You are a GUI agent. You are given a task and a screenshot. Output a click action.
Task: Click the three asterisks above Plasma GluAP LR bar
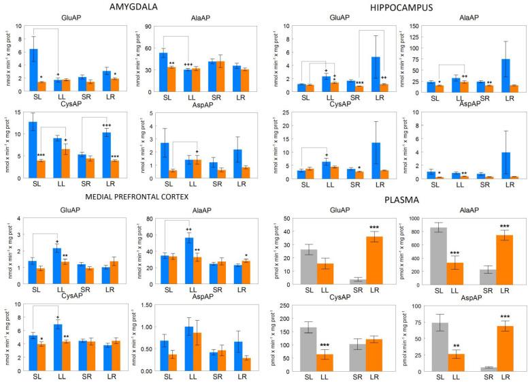pyautogui.click(x=373, y=227)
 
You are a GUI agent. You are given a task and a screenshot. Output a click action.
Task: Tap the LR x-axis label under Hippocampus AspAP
pyautogui.click(x=509, y=187)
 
